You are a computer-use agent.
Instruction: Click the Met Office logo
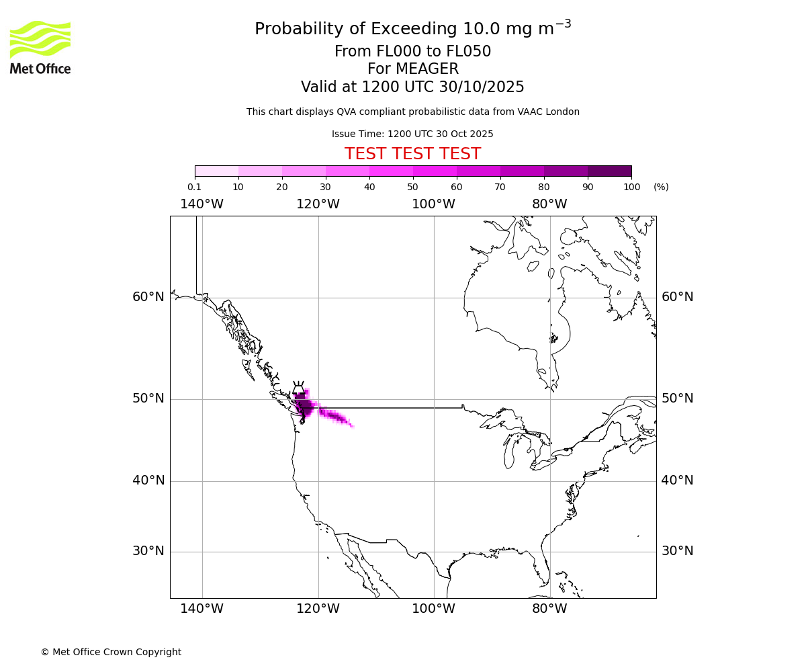point(40,47)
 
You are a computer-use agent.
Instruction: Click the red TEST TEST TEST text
point(412,154)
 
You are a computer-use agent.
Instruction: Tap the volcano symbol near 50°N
point(298,389)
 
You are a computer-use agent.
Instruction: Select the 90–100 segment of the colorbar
point(609,171)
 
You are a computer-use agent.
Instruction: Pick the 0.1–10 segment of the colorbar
point(217,171)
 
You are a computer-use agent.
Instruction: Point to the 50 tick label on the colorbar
point(412,187)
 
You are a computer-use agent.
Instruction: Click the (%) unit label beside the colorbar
point(661,187)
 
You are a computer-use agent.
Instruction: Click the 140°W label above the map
point(201,204)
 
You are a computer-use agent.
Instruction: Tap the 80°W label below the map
point(549,609)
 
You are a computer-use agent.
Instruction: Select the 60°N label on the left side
point(148,297)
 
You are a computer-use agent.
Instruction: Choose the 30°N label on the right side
point(677,551)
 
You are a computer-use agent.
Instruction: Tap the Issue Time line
point(412,134)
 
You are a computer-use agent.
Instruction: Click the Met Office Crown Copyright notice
point(111,652)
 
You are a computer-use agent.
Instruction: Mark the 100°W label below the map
point(433,609)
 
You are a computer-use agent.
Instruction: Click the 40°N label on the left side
point(148,480)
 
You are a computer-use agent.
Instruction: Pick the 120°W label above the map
point(318,204)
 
